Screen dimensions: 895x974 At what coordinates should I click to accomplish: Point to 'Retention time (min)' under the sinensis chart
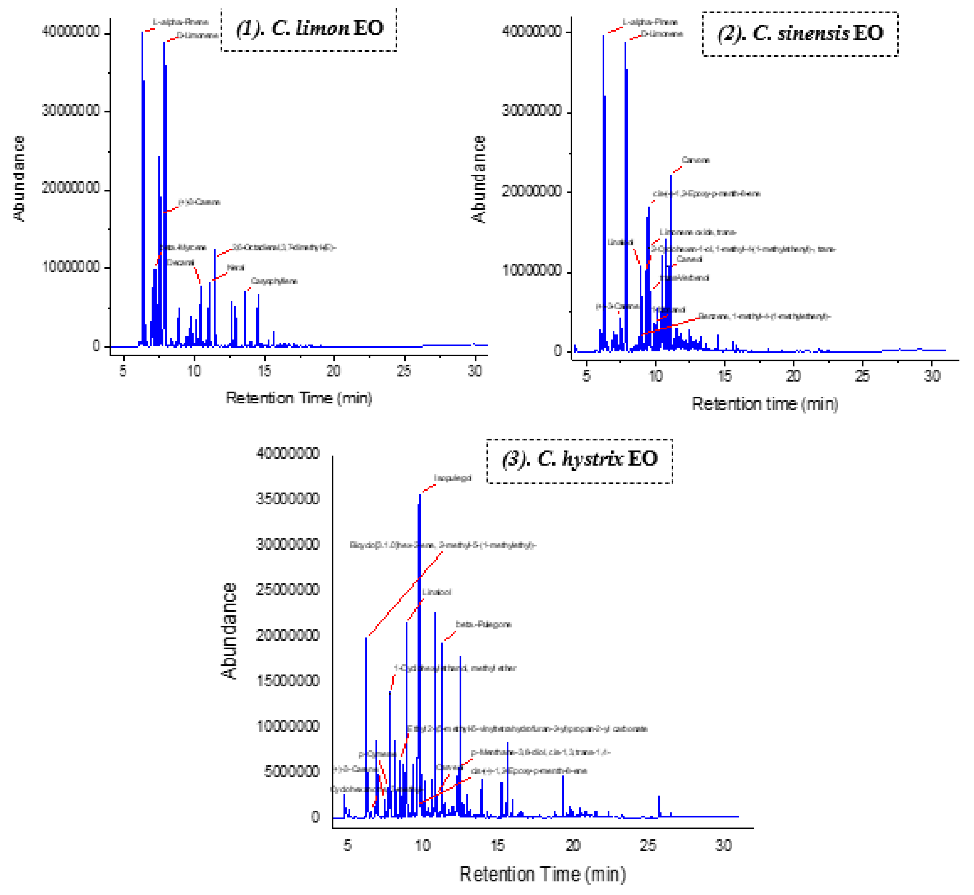[x=765, y=404]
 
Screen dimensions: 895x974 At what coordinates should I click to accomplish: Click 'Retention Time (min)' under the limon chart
[x=299, y=398]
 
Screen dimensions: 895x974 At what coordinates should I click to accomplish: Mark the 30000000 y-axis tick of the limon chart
[x=71, y=110]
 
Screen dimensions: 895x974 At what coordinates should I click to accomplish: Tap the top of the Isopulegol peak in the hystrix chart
[x=420, y=495]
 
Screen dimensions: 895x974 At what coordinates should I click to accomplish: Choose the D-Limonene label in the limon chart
[x=197, y=35]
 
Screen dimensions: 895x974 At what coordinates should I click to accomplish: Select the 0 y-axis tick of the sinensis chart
[x=558, y=351]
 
